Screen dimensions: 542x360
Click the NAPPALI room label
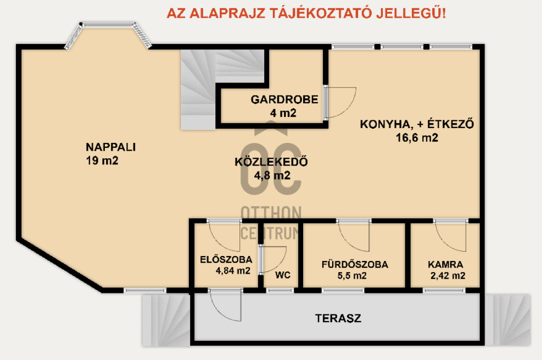(110, 147)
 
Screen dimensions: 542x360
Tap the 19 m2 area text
(102, 160)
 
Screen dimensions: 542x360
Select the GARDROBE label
(284, 99)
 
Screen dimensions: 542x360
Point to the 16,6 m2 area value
(417, 137)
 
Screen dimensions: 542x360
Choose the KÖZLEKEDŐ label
(271, 162)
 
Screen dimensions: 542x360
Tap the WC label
(282, 275)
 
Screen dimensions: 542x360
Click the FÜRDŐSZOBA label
(355, 264)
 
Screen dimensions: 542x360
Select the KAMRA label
(445, 264)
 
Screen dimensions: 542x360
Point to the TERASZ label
(338, 318)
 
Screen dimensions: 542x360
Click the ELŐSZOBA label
(226, 259)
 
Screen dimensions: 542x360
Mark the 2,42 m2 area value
(448, 275)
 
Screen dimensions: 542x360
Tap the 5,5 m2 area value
(352, 275)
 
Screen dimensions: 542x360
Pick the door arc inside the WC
(282, 264)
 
